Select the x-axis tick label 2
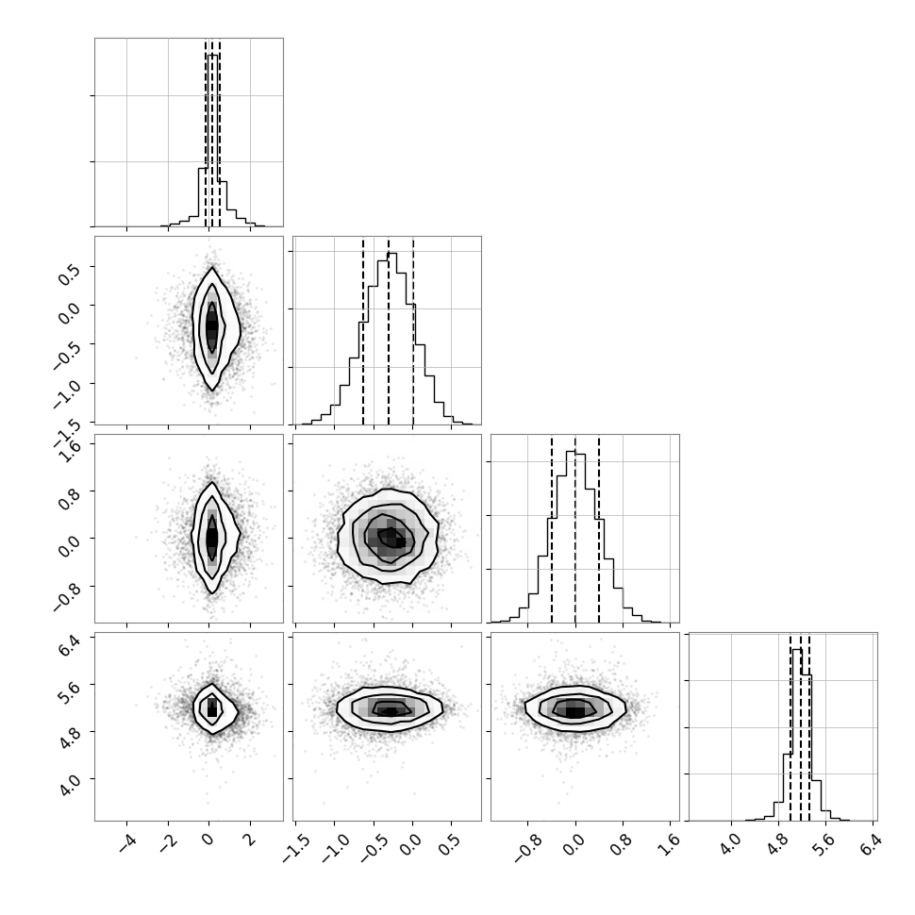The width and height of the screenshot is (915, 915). [x=250, y=840]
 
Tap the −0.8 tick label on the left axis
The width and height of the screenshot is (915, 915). [x=67, y=597]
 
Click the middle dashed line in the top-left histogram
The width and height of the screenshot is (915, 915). [x=212, y=133]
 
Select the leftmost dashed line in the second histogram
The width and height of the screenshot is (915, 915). [x=363, y=331]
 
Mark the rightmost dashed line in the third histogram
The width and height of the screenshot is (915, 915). [x=599, y=529]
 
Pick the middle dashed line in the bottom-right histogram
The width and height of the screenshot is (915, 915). [x=801, y=727]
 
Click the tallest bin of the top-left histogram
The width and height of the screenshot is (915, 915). [x=212, y=140]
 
